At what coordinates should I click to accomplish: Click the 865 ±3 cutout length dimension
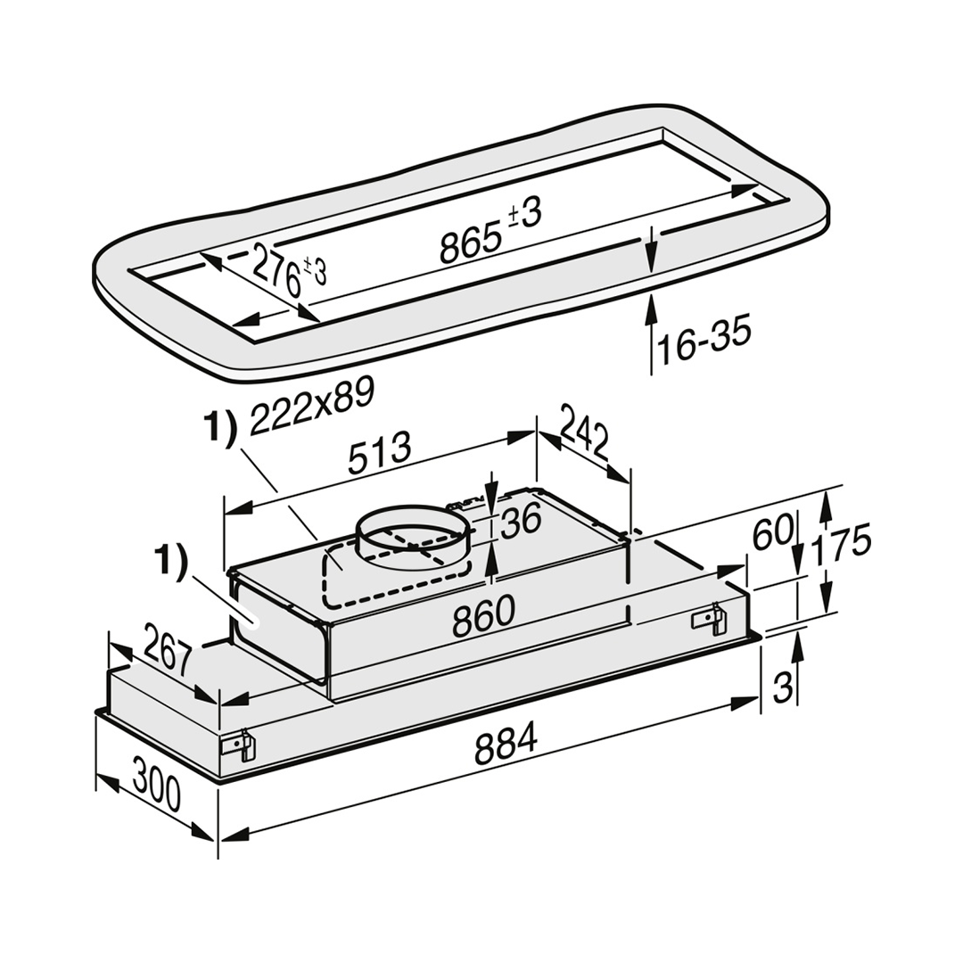(490, 231)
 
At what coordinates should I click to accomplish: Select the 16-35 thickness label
(704, 342)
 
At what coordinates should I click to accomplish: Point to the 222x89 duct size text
(312, 407)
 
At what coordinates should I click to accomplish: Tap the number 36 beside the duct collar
(520, 520)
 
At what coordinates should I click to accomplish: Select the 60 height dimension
(772, 534)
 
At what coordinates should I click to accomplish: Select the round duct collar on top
(416, 537)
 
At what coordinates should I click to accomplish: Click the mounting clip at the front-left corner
(237, 745)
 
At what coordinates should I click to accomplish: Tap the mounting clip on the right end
(707, 619)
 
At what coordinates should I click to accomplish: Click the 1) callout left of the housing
(171, 564)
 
